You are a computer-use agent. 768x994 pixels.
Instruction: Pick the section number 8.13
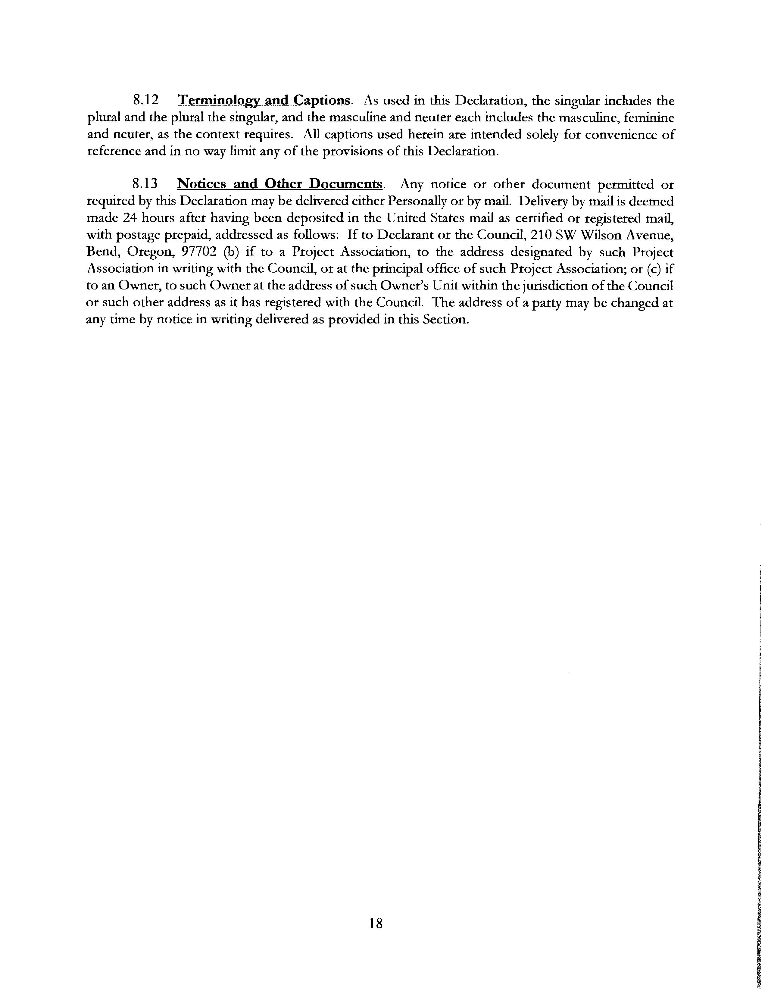[x=145, y=184]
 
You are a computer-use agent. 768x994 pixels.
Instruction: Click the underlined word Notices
[x=201, y=184]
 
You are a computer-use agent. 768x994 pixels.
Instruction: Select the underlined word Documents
[x=346, y=184]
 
